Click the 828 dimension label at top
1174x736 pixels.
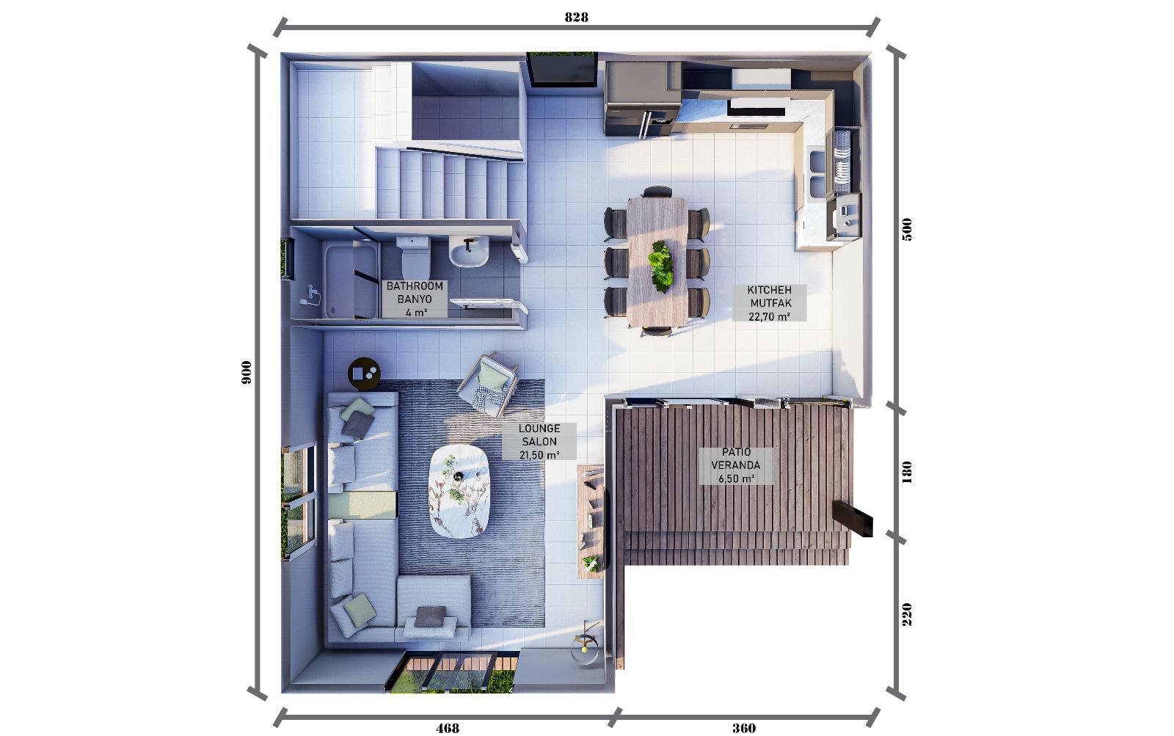pyautogui.click(x=576, y=18)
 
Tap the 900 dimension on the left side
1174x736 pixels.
pyautogui.click(x=246, y=372)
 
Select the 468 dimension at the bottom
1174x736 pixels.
pyautogui.click(x=448, y=728)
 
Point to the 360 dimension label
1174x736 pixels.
pyautogui.click(x=744, y=728)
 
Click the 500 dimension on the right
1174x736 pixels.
pyautogui.click(x=907, y=229)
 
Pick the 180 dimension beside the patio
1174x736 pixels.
pyautogui.click(x=907, y=472)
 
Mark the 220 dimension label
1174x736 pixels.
pyautogui.click(x=907, y=614)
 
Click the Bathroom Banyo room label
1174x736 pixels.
pyautogui.click(x=415, y=299)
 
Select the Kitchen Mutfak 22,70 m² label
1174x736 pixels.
pyautogui.click(x=770, y=303)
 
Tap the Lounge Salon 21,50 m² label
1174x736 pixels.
pyautogui.click(x=539, y=442)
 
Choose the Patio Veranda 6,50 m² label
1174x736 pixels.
pyautogui.click(x=737, y=465)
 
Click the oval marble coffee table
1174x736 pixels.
pyautogui.click(x=459, y=492)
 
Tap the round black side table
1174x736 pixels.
pyautogui.click(x=364, y=374)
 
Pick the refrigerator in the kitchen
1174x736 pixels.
pyautogui.click(x=643, y=98)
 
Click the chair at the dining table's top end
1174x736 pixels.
pyautogui.click(x=657, y=192)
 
